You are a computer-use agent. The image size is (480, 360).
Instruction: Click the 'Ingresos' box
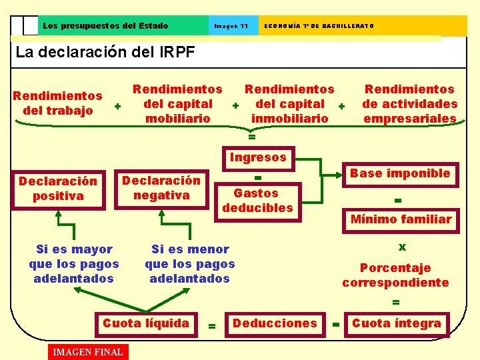(258, 158)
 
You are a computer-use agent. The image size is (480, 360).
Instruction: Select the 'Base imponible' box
(400, 173)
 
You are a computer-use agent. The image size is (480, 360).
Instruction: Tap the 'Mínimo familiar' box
(401, 219)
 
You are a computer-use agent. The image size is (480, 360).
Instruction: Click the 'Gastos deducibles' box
(257, 200)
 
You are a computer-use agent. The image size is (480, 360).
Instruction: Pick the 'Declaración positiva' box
(58, 189)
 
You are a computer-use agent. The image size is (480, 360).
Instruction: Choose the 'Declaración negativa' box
(161, 188)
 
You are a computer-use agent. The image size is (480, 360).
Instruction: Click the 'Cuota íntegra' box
(397, 323)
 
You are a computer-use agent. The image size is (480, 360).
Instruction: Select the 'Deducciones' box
(274, 323)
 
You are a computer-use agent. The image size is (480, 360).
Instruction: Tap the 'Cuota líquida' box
(146, 323)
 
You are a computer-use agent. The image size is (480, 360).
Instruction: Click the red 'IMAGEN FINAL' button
(87, 351)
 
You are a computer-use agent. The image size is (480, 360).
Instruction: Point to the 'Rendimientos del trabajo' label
(58, 103)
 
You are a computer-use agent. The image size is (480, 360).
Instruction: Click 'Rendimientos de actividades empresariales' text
(410, 104)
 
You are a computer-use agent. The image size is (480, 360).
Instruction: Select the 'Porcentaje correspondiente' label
(395, 275)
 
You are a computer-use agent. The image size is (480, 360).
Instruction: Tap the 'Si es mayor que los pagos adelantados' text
(74, 264)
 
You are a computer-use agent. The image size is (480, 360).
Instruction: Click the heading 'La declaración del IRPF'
(105, 52)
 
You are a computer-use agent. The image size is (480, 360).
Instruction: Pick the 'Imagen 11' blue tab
(231, 26)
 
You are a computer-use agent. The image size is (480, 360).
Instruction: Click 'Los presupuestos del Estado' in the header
(105, 26)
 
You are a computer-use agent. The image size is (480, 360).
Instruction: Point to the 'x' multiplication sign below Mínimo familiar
(402, 247)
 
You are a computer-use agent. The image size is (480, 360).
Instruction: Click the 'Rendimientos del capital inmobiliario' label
(290, 104)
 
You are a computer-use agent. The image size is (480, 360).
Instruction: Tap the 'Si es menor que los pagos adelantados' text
(190, 264)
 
